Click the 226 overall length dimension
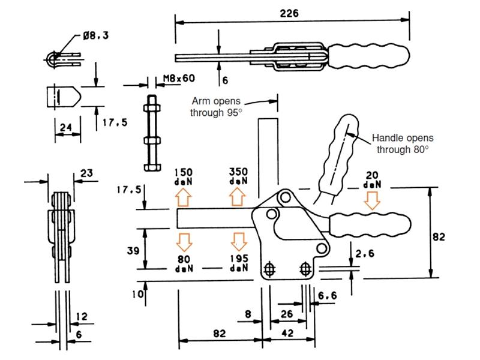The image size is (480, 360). [x=289, y=13]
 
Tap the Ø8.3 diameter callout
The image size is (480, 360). [x=96, y=36]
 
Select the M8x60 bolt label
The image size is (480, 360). [x=179, y=79]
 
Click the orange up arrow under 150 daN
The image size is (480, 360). [x=184, y=197]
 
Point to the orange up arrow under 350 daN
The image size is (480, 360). [x=238, y=197]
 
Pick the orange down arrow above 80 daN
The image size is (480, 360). [x=184, y=242]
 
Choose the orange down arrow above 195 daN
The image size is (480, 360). [x=238, y=242]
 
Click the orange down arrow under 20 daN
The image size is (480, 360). [x=372, y=200]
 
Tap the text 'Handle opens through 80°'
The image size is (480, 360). [x=403, y=143]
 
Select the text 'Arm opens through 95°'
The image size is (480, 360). [x=216, y=107]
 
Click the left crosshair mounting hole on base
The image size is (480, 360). [x=269, y=269]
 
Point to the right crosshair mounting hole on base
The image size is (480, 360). [x=305, y=269]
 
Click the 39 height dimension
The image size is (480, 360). [x=133, y=251]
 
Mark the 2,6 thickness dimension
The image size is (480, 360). [x=365, y=253]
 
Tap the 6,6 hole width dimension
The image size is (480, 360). [x=327, y=295]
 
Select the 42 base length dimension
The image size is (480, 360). [x=287, y=333]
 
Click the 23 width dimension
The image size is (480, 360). [x=86, y=173]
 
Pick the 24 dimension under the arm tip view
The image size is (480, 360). [x=66, y=127]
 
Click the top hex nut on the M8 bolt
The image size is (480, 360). [x=152, y=108]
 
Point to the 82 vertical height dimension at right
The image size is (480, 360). [x=439, y=236]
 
